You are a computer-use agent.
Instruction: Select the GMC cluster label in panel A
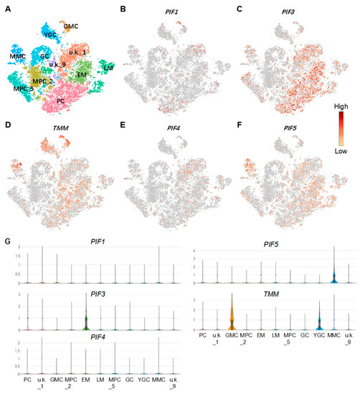click(70, 27)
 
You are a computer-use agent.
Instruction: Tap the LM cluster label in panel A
click(108, 67)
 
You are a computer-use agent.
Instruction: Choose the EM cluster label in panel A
click(82, 75)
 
